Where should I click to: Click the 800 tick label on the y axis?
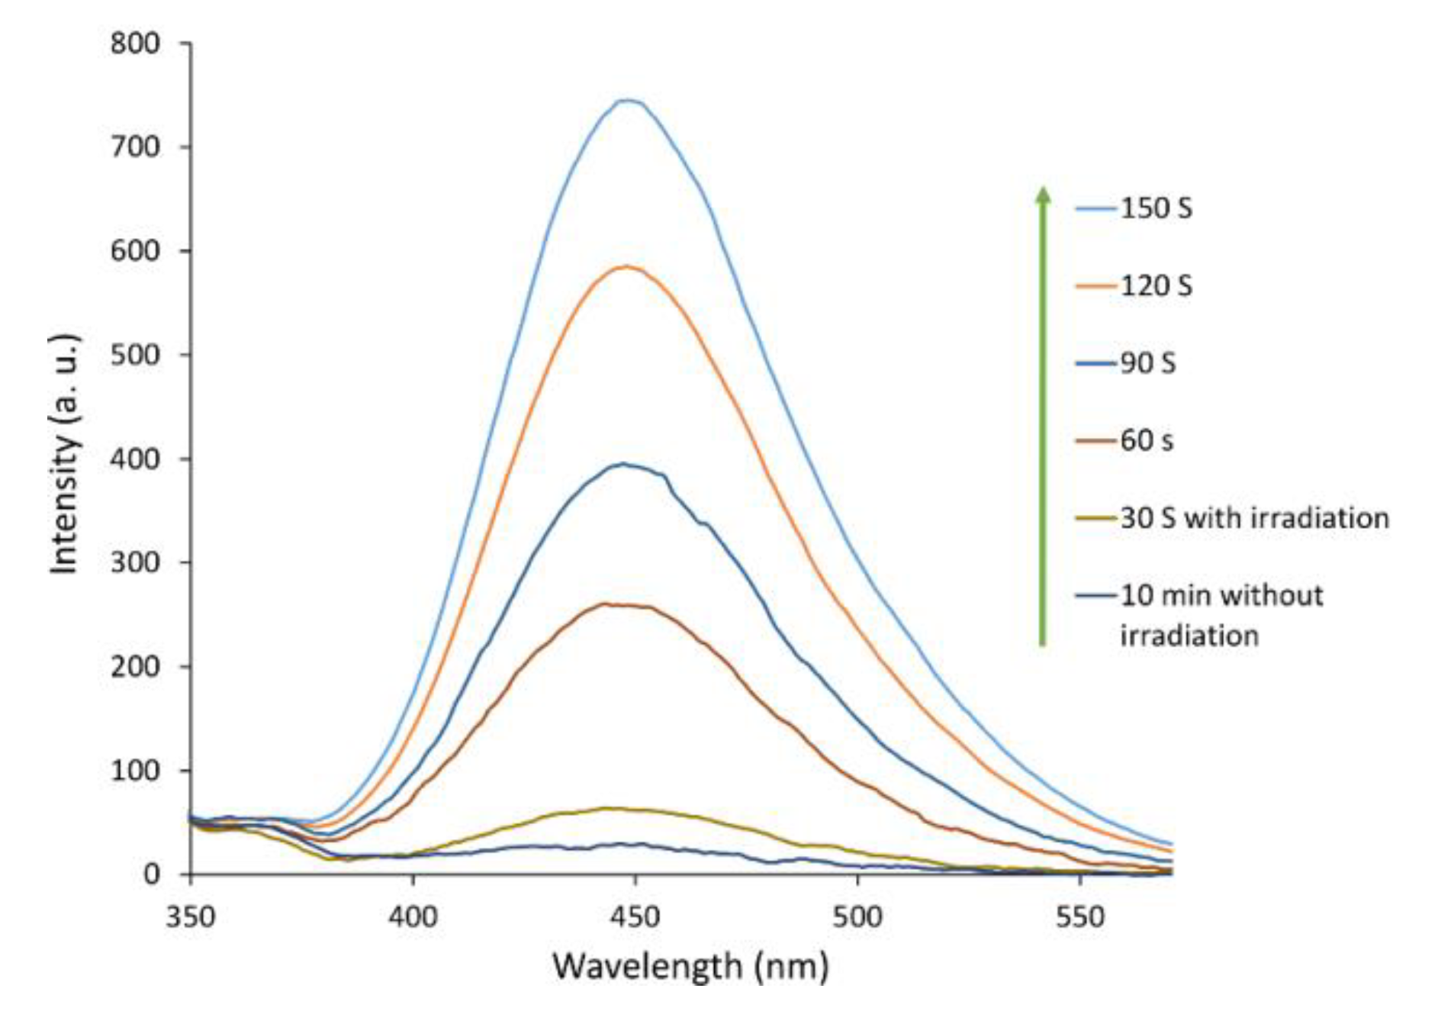coord(135,43)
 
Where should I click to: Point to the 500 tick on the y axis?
coord(135,355)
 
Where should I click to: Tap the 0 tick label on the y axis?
coord(152,874)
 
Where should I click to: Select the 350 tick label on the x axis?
coord(191,916)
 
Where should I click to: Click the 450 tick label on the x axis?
coord(635,916)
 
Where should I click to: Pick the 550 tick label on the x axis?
coord(1080,916)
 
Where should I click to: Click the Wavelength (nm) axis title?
coord(690,967)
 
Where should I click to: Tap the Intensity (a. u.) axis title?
coord(65,454)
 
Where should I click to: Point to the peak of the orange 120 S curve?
coord(626,266)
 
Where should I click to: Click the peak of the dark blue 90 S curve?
coord(624,463)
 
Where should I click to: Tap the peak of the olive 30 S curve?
coord(610,808)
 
